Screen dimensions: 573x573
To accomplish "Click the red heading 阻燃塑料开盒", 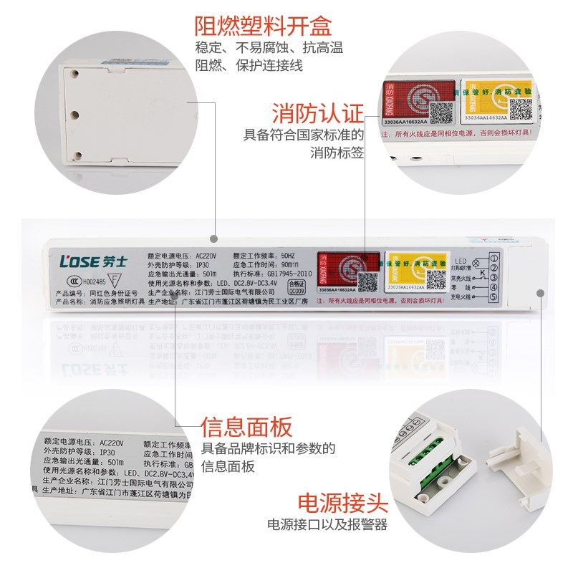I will (x=263, y=27).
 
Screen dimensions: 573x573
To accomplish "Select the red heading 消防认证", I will (x=317, y=113).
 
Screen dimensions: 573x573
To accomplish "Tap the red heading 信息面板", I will (x=246, y=428).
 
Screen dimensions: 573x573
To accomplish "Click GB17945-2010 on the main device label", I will (x=292, y=274).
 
